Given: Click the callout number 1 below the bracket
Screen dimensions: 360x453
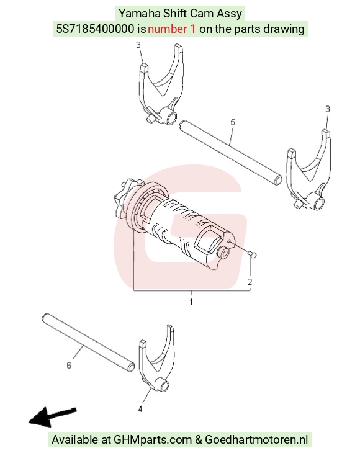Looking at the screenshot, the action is pos(191,302).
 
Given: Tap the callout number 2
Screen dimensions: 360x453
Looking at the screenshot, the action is pos(250,282).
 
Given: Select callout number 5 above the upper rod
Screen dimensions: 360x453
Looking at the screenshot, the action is pos(233,122).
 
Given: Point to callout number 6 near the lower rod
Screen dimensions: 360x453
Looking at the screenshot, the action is pos(69,366).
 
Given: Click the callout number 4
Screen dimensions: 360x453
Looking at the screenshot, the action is pos(140,409).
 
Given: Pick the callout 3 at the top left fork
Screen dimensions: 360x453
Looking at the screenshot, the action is pos(138,45).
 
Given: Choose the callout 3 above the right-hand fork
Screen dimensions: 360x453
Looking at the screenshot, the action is pos(327,109).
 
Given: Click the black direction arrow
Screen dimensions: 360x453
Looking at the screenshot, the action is pos(52,417).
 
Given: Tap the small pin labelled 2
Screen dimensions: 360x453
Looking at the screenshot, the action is pos(252,254).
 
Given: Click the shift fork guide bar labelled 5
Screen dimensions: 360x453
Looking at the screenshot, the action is pos(230,152).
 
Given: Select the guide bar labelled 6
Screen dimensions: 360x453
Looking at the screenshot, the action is pos(88,342).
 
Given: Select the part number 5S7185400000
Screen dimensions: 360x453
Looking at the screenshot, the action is pos(95,29).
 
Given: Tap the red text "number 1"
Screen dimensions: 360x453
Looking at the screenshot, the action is pos(171,29).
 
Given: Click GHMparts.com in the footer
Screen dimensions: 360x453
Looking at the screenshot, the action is pos(153,440).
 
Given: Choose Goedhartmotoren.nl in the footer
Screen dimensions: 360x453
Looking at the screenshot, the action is pos(256,440).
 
